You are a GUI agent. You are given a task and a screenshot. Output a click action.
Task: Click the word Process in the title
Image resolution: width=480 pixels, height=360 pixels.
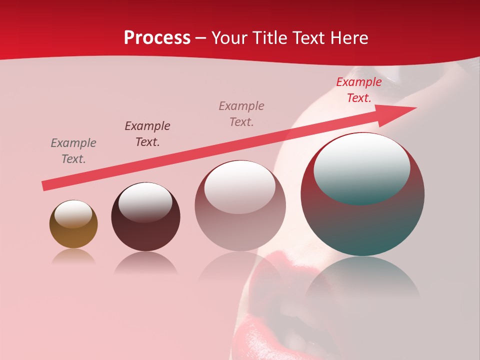[157, 38]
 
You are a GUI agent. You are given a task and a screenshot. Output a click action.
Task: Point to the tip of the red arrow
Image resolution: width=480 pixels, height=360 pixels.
[415, 108]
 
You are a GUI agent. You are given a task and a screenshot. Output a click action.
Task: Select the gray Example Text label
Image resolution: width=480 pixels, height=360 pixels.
[73, 151]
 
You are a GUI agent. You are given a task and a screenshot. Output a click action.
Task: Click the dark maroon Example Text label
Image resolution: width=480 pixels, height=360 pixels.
[147, 134]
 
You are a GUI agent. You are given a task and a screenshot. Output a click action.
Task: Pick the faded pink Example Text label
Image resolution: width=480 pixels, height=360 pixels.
[241, 114]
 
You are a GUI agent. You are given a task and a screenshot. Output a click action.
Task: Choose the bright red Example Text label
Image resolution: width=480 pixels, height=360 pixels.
[359, 90]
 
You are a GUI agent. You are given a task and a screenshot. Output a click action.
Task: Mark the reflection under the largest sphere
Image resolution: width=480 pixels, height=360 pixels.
[362, 277]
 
